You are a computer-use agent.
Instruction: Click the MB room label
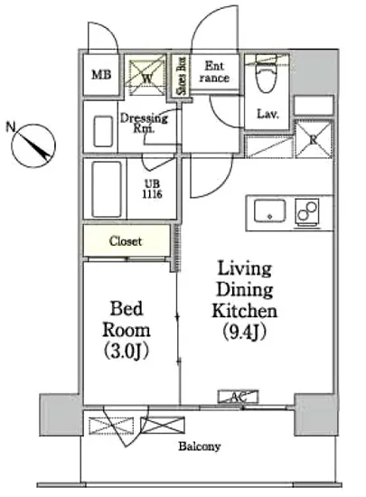click(101, 75)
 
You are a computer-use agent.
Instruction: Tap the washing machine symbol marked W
click(145, 75)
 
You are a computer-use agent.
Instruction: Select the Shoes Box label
click(182, 76)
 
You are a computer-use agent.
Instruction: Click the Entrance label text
click(214, 72)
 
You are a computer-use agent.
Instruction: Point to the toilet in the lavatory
click(267, 73)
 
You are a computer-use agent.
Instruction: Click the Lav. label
click(267, 114)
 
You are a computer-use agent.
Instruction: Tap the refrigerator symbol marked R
click(313, 139)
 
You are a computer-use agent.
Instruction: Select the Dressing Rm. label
click(144, 123)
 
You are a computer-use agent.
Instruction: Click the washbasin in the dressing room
click(103, 131)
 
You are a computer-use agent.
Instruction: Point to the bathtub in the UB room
click(107, 189)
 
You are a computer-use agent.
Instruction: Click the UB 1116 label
click(152, 189)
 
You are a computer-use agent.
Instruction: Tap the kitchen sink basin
click(269, 211)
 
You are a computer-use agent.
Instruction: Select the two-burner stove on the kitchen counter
click(306, 212)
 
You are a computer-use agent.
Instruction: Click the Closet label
click(126, 241)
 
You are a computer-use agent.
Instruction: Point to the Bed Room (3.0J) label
click(127, 330)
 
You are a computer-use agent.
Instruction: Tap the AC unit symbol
click(238, 397)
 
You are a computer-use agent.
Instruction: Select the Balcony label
click(200, 446)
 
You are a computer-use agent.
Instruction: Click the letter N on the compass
click(11, 127)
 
